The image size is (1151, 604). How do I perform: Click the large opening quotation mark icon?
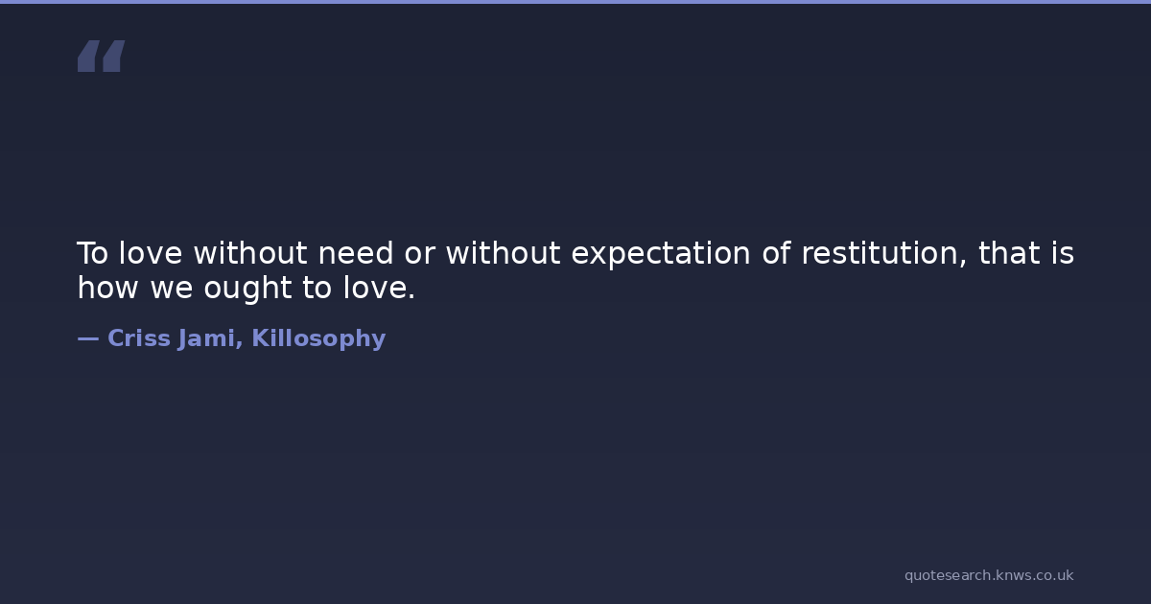(x=102, y=56)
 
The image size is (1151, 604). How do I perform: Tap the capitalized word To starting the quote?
(x=92, y=253)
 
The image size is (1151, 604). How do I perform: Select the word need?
(x=356, y=253)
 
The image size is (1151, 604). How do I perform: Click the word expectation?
(x=661, y=255)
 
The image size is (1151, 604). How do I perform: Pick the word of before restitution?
(x=776, y=253)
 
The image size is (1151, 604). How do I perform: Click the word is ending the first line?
(x=1063, y=253)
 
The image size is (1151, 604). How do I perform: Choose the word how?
(x=107, y=288)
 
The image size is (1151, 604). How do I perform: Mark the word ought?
(x=247, y=290)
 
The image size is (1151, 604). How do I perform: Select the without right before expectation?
(x=503, y=253)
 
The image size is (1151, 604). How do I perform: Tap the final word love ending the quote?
(x=379, y=288)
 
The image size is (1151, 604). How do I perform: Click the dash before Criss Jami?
(x=88, y=338)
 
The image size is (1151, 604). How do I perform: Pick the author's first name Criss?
(x=139, y=337)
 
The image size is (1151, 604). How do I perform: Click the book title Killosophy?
(x=318, y=339)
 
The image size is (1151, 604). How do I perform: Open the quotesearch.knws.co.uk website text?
(x=989, y=575)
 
